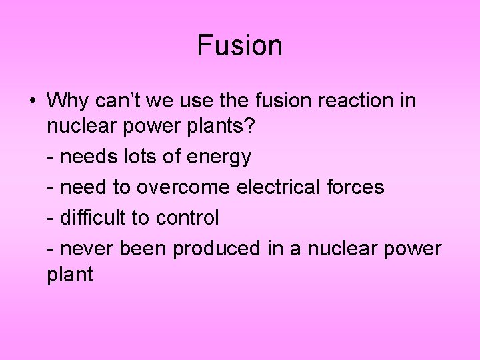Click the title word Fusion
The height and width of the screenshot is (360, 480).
pyautogui.click(x=240, y=46)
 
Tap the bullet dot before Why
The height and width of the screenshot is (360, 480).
pyautogui.click(x=32, y=101)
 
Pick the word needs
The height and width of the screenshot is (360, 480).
pyautogui.click(x=87, y=157)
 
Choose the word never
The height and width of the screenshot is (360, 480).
pyautogui.click(x=87, y=249)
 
